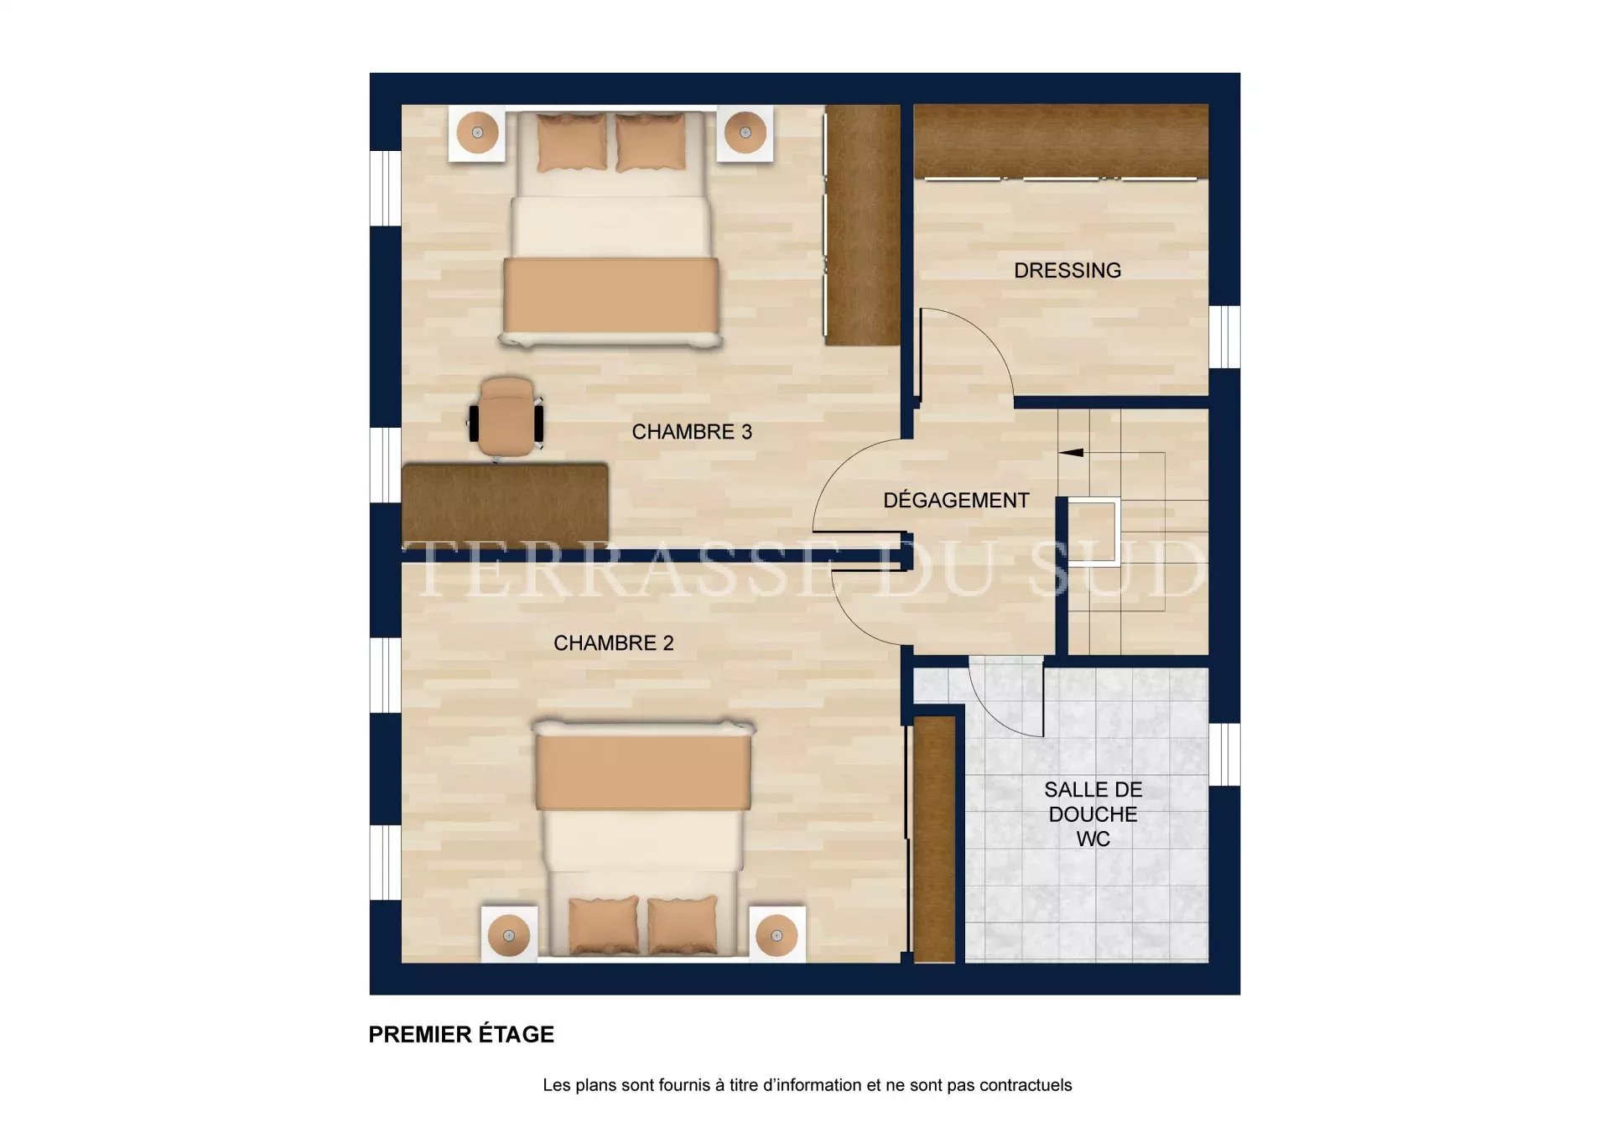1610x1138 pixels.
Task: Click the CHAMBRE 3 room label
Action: pyautogui.click(x=692, y=432)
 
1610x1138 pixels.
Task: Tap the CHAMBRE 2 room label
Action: pyautogui.click(x=614, y=643)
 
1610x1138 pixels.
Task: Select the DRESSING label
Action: pyautogui.click(x=1067, y=271)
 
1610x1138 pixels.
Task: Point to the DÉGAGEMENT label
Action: pyautogui.click(x=956, y=500)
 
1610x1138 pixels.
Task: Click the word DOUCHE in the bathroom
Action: pyautogui.click(x=1093, y=814)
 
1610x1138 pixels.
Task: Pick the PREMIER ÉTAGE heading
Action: pyautogui.click(x=461, y=1034)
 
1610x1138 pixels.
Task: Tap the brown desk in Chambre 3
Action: pyautogui.click(x=505, y=503)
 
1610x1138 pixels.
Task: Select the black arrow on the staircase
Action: pyautogui.click(x=1071, y=453)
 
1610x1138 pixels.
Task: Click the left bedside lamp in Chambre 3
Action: pyautogui.click(x=477, y=133)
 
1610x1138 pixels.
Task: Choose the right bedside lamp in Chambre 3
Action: pyautogui.click(x=745, y=133)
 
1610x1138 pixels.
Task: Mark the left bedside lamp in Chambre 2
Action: pyautogui.click(x=509, y=935)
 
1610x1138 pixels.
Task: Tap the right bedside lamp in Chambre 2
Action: pyautogui.click(x=776, y=935)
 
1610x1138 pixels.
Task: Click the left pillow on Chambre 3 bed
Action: pyautogui.click(x=572, y=143)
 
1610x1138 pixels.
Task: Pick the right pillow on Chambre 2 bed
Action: pyautogui.click(x=683, y=926)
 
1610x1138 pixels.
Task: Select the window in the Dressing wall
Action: pyautogui.click(x=1224, y=337)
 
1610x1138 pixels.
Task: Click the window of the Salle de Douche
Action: pyautogui.click(x=1224, y=754)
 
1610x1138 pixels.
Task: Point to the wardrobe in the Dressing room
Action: pyautogui.click(x=1061, y=141)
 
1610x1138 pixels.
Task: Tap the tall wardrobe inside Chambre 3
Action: pyautogui.click(x=861, y=225)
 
